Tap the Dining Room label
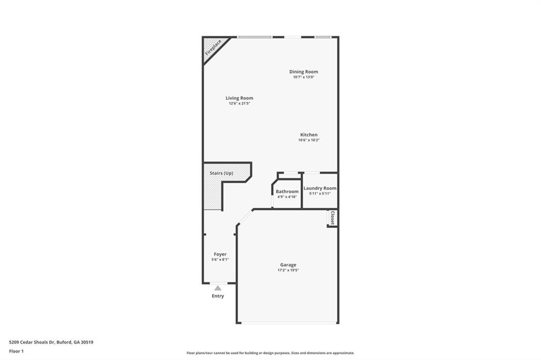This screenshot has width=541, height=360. (303, 72)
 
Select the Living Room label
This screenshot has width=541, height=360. (239, 98)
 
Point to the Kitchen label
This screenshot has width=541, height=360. (309, 135)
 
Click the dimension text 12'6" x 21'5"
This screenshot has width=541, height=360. (239, 103)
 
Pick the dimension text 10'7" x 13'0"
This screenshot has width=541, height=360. (304, 77)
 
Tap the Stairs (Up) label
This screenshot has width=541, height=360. (221, 173)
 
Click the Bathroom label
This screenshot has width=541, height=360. (287, 191)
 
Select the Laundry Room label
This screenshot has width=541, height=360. (320, 188)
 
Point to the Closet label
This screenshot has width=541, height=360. (332, 218)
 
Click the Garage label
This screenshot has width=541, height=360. (288, 265)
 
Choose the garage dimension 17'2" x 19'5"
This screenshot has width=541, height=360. (288, 270)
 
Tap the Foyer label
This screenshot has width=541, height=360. (220, 254)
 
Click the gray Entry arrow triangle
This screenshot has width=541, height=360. (218, 288)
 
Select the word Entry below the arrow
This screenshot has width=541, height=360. (218, 296)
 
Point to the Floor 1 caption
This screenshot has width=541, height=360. (16, 350)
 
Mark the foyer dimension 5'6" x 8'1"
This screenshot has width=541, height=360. (220, 260)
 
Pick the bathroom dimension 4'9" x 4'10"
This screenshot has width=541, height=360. (287, 196)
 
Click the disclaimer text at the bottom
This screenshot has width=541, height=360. (270, 353)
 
